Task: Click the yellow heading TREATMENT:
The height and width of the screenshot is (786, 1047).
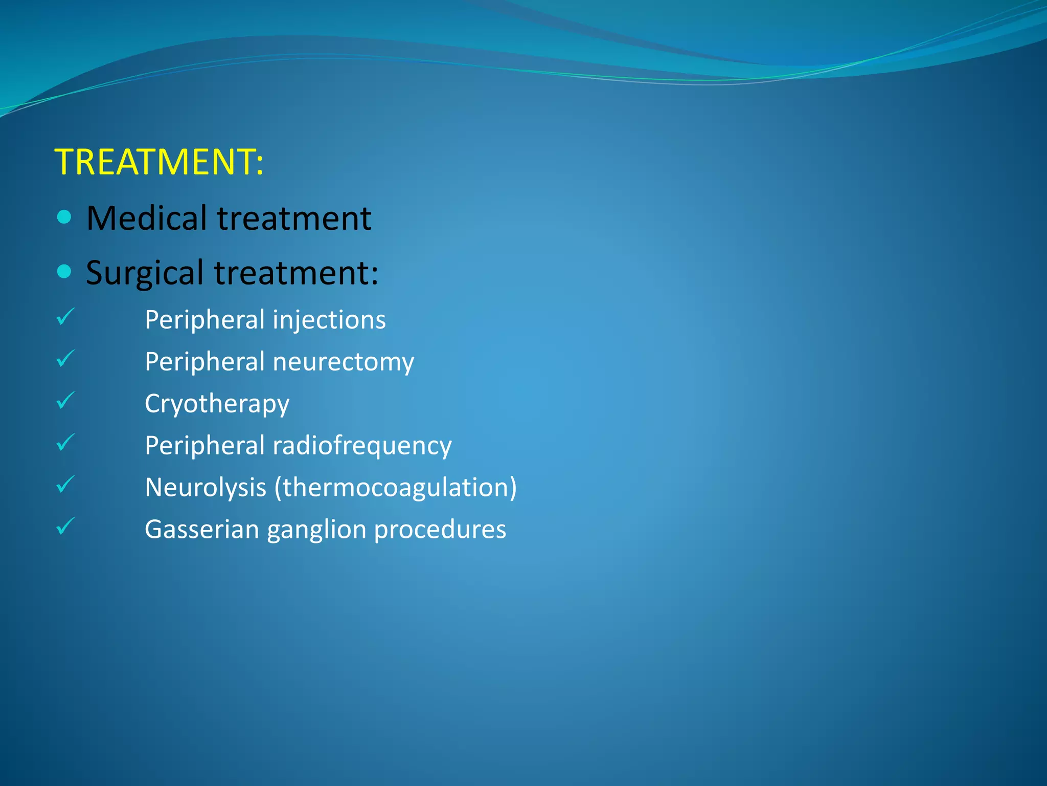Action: click(x=158, y=162)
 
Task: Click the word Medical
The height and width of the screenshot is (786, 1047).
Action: click(x=147, y=219)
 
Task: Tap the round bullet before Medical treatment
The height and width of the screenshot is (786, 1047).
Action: click(x=64, y=217)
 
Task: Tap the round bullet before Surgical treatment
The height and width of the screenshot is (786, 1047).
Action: click(x=64, y=272)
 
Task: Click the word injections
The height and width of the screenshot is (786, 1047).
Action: click(x=329, y=320)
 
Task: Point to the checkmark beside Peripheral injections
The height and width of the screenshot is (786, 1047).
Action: click(x=65, y=317)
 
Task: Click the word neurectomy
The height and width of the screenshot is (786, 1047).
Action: click(x=343, y=362)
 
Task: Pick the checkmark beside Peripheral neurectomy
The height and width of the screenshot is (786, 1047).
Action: click(x=65, y=359)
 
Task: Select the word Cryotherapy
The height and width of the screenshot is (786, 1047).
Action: click(x=217, y=404)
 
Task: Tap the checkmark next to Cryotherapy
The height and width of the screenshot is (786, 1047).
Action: click(x=65, y=401)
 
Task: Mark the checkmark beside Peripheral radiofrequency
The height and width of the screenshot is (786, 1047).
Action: click(x=65, y=443)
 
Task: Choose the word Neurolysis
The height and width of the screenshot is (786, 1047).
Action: click(x=206, y=488)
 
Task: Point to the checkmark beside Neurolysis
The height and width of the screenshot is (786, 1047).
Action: click(x=65, y=485)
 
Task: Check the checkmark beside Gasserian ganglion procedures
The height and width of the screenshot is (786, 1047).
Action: click(x=65, y=527)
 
